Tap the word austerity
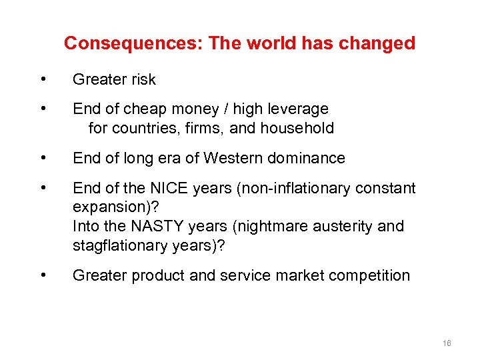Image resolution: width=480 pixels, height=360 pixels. tap(349, 227)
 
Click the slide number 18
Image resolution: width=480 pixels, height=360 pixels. tap(446, 343)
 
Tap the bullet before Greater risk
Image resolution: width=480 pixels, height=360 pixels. tap(43, 80)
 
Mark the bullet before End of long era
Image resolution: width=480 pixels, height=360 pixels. tap(43, 159)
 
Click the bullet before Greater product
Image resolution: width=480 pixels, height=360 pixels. tap(43, 275)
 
